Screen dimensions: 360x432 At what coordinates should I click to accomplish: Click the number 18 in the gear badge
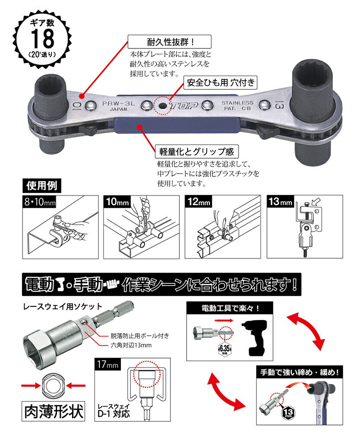[x=42, y=38]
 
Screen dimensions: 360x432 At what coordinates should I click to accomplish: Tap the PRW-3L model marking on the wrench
[x=118, y=104]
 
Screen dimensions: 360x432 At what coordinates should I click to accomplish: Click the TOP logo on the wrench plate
[x=184, y=105]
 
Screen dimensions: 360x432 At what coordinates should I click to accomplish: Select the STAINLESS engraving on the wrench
[x=237, y=103]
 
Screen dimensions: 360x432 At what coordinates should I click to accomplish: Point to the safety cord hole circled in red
[x=162, y=105]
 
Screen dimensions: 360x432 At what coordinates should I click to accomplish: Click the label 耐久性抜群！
[x=169, y=42]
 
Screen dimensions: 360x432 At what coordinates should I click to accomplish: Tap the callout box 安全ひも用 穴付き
[x=220, y=83]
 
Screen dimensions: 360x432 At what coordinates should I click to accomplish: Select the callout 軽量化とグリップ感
[x=197, y=151]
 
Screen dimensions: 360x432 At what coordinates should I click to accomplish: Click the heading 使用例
[x=42, y=186]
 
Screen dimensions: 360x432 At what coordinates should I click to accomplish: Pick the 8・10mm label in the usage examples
[x=39, y=202]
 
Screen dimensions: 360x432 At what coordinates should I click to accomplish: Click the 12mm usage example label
[x=199, y=202]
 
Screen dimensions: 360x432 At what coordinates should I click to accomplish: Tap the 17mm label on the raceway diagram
[x=108, y=365]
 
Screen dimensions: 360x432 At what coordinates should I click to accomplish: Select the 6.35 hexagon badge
[x=225, y=349]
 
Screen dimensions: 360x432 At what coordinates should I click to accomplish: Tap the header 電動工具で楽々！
[x=230, y=308]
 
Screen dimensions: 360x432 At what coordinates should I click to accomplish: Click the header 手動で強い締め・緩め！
[x=299, y=372]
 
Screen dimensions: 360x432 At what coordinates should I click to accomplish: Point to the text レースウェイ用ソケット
[x=63, y=306]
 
